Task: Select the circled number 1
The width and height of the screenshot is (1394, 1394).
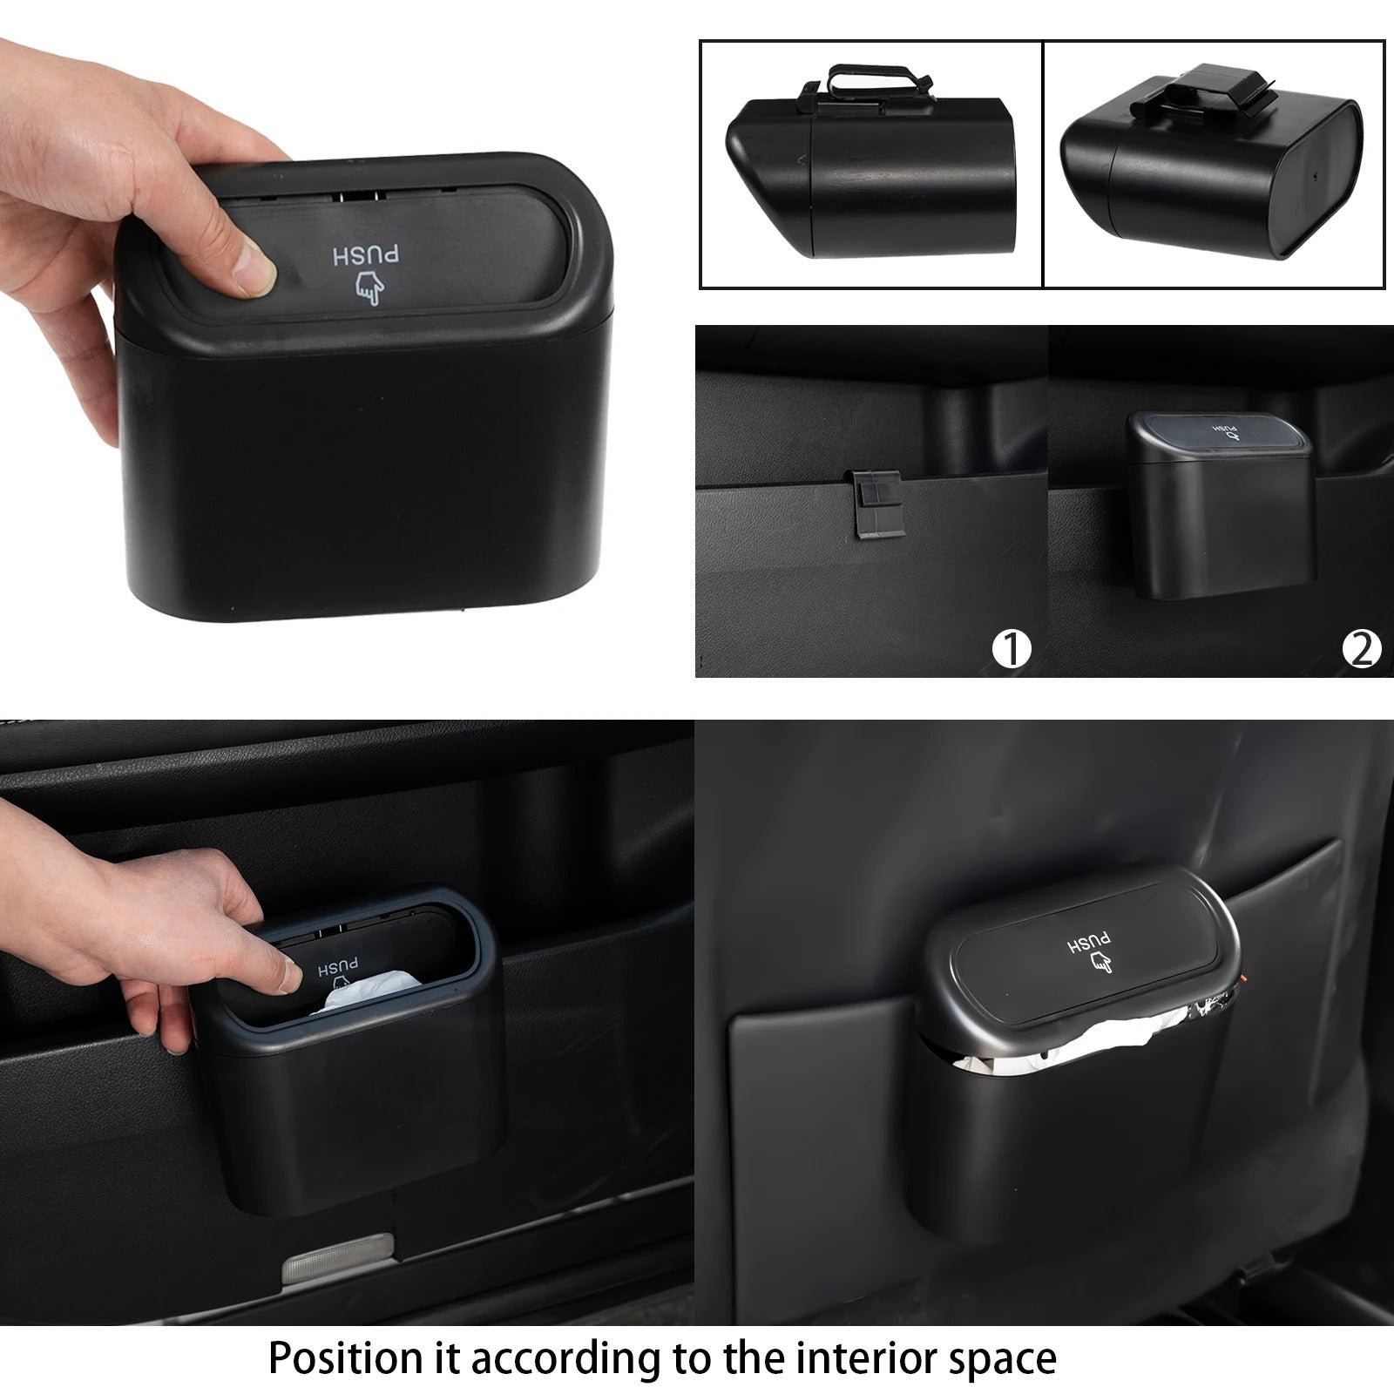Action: coord(1012,649)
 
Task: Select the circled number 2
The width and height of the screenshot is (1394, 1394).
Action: coord(1362,649)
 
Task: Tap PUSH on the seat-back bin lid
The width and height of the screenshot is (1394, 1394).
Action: coord(1091,944)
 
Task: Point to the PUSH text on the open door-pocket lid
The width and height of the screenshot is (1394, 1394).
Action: coord(338,968)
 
